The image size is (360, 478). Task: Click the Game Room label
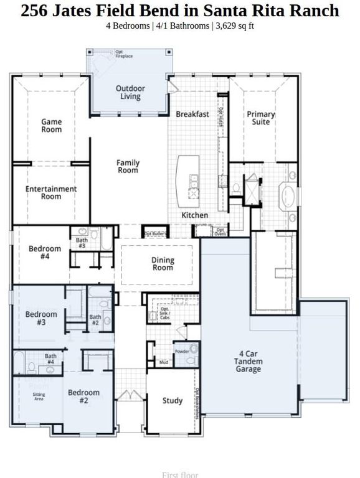[x=52, y=126]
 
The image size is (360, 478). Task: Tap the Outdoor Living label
[x=130, y=93]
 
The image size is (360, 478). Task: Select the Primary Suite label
[x=260, y=118]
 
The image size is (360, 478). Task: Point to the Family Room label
[x=128, y=166]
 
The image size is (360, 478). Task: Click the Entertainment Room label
[x=52, y=192]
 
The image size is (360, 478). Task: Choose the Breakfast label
[x=192, y=115]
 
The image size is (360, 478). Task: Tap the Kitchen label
[x=194, y=215]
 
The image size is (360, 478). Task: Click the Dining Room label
[x=163, y=264]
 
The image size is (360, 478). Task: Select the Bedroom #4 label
[x=45, y=252]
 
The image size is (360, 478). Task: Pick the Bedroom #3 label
[x=41, y=318]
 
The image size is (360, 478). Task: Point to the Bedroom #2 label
[x=83, y=396]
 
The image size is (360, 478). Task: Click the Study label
[x=173, y=401]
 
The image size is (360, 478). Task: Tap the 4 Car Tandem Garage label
[x=248, y=361]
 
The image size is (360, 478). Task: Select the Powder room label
[x=181, y=351]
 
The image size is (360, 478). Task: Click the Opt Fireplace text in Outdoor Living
[x=124, y=55]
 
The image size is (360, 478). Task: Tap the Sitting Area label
[x=39, y=396]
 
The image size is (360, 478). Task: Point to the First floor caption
[x=179, y=475]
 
